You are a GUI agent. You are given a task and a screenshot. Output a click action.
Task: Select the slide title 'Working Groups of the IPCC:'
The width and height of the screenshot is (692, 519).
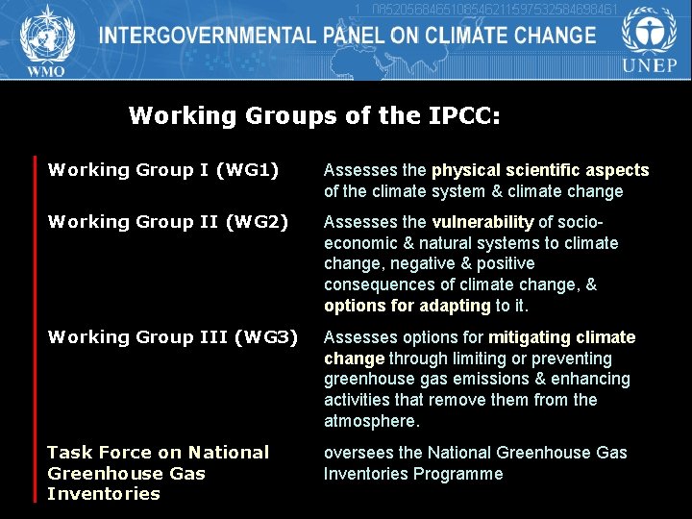coord(314,116)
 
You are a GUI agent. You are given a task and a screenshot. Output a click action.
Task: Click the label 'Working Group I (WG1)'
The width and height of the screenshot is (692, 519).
coord(163,170)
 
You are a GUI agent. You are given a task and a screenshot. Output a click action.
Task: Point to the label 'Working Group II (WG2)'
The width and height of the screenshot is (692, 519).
coord(168,222)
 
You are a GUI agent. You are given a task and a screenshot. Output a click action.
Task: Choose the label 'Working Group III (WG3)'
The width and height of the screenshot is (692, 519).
coord(173,337)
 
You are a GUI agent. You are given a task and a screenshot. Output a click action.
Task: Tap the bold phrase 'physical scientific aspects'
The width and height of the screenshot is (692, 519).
coord(540,170)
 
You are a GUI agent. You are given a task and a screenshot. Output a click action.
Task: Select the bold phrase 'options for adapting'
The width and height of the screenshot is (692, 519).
coord(408,306)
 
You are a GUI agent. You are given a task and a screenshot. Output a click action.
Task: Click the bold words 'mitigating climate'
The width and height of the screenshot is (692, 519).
coord(562,337)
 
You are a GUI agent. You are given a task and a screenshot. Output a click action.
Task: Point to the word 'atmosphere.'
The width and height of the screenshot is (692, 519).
coord(372,421)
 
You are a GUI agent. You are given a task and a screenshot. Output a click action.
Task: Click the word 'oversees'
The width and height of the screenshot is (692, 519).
coord(358,453)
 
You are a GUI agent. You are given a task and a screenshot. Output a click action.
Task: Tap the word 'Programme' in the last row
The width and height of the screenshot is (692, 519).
coord(458,474)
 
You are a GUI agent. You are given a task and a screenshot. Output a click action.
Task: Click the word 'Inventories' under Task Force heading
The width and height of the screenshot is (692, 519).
coord(104,494)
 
